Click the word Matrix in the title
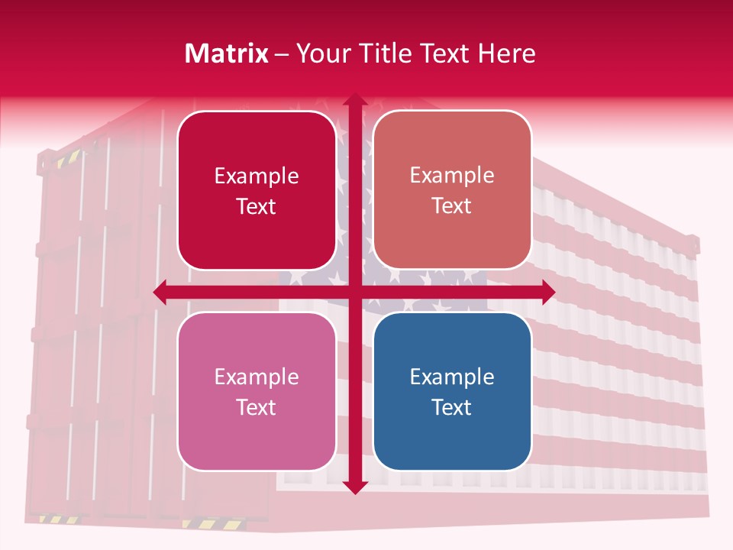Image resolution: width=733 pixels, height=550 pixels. point(227,53)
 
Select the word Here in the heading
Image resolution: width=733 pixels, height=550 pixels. point(506,53)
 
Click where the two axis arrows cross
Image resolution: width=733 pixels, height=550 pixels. point(354,292)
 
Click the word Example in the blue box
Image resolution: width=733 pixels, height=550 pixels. point(452,377)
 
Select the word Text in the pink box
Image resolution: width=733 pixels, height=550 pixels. point(257,407)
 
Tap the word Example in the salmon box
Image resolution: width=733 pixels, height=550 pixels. point(452,175)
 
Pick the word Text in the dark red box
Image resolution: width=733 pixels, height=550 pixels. point(257,206)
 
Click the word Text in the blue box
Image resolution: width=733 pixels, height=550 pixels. point(452,407)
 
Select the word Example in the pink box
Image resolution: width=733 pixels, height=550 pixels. point(257,377)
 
